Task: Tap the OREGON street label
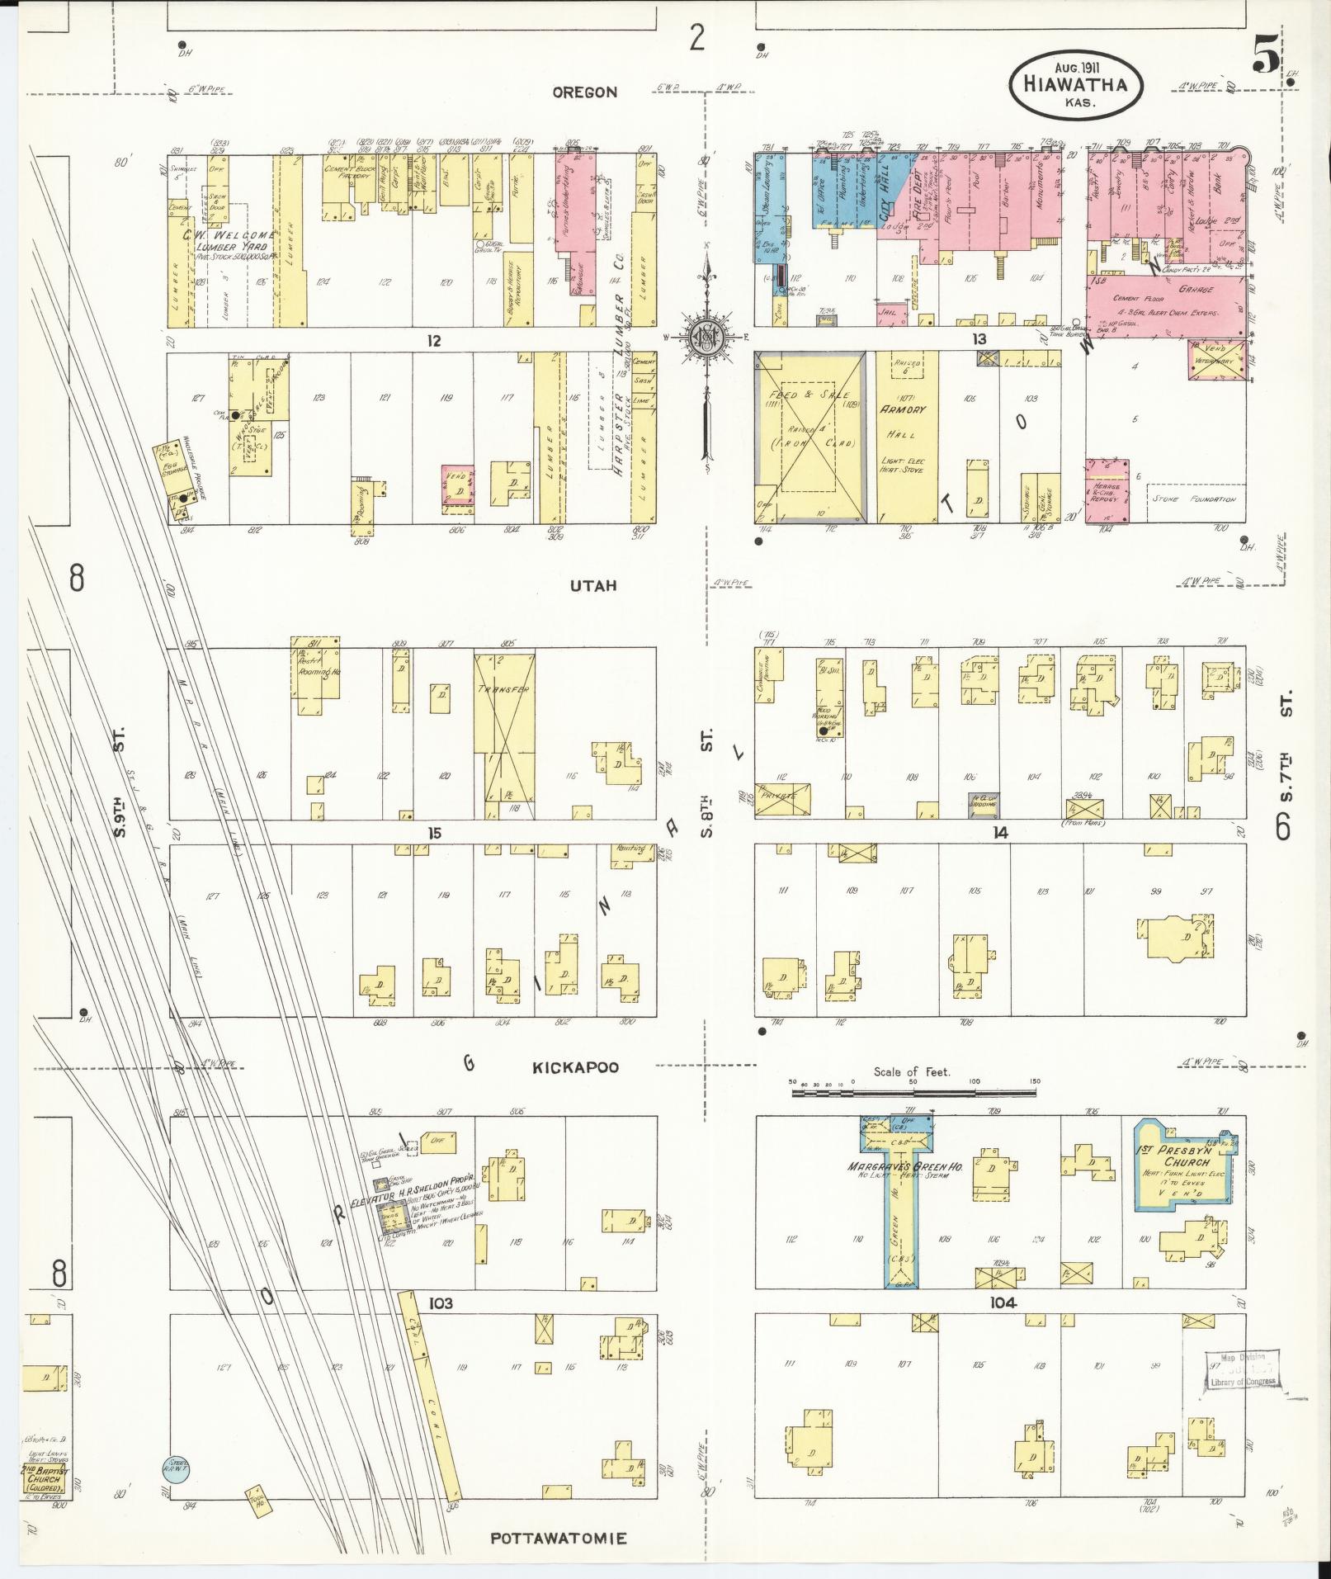584,92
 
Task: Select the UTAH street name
592,586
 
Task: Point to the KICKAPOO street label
575,1067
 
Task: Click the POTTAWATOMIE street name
559,1539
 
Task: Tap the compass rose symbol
707,339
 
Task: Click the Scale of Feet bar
913,1092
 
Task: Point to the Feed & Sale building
809,435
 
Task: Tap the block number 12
434,340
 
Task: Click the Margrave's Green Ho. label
895,1166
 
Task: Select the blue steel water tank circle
175,1467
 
